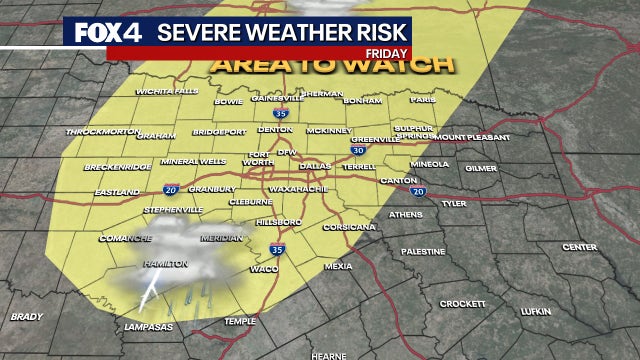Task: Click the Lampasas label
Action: pos(144,327)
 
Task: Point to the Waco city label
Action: pos(264,268)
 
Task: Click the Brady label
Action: pos(26,317)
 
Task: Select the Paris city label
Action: pos(423,100)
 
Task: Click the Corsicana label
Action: pos(350,227)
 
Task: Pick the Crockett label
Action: pos(463,303)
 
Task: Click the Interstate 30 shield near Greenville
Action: pos(357,150)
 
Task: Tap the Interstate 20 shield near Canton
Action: pos(418,191)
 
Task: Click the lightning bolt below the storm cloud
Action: pos(150,293)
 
